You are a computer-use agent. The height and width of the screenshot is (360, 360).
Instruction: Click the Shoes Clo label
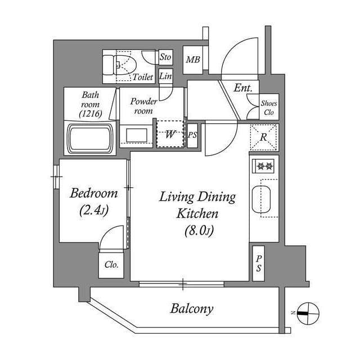tap(268, 107)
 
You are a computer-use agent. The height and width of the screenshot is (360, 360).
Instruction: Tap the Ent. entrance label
tap(243, 88)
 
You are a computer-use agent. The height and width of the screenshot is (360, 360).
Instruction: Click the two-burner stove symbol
tap(263, 166)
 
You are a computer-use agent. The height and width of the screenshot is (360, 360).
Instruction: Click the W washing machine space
tap(169, 134)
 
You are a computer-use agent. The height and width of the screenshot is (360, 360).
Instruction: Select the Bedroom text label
tap(94, 193)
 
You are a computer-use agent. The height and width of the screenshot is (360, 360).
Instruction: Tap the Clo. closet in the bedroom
tap(111, 265)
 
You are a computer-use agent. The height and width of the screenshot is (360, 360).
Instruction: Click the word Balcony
tap(192, 309)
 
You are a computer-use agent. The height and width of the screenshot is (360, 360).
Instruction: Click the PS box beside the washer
tap(192, 136)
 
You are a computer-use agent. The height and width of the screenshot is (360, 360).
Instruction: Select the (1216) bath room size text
tap(90, 113)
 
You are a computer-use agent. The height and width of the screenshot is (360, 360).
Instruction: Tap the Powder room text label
tap(143, 106)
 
